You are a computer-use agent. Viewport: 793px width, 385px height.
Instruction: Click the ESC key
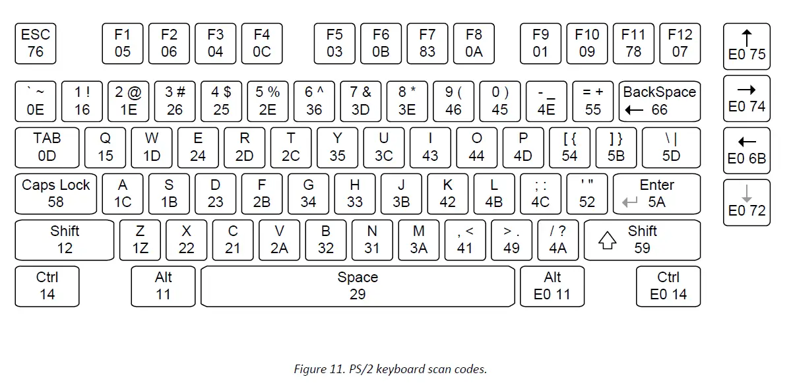point(36,44)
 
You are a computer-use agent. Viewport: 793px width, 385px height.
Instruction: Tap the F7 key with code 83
point(428,44)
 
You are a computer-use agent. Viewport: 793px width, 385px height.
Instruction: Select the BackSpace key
point(659,101)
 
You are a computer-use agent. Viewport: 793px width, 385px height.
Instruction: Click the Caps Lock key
point(56,194)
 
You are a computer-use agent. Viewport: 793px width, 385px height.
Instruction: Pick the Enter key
point(656,194)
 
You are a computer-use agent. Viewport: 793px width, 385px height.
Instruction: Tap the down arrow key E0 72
point(747,202)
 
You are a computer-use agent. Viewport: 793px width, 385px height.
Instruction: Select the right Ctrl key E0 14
point(668,286)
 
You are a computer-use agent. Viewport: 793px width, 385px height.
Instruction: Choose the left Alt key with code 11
point(164,286)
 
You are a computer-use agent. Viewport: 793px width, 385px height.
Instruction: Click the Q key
point(106,148)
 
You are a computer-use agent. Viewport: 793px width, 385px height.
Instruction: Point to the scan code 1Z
point(141,249)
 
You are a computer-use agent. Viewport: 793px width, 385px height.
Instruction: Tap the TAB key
point(48,148)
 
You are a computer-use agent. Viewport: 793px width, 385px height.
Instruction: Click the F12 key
point(680,44)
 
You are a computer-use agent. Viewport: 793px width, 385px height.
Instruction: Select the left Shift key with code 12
point(65,240)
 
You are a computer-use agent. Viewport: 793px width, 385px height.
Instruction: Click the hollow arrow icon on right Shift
point(607,241)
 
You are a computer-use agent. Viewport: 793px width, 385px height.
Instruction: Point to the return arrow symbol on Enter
point(630,203)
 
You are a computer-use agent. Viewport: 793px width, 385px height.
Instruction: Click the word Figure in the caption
point(311,369)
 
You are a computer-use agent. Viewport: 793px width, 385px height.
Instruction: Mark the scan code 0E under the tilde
point(36,109)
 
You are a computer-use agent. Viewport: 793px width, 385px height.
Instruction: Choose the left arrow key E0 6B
point(747,150)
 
